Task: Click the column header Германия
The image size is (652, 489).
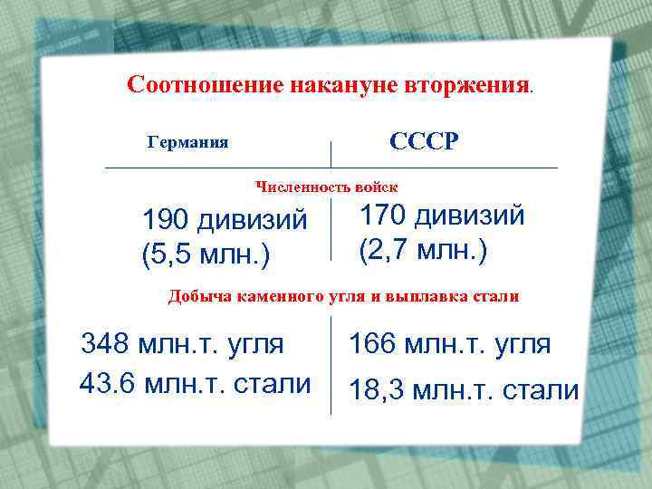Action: (187, 143)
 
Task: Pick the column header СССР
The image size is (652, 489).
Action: (425, 142)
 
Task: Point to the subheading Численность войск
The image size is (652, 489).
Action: (326, 187)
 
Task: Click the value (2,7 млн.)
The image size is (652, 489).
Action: (423, 248)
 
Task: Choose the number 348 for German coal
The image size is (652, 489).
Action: (103, 344)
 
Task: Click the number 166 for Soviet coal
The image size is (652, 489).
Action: (372, 344)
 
